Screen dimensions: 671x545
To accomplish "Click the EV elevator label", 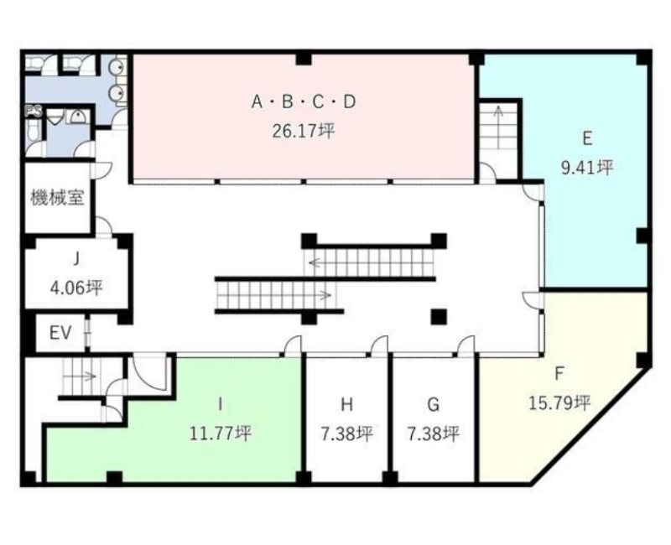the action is tap(60, 333).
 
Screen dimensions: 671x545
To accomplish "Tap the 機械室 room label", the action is tap(57, 198).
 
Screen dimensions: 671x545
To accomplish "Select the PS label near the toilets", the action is tap(34, 112).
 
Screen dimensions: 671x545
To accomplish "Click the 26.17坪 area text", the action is tap(304, 131).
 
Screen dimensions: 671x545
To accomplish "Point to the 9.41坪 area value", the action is tap(587, 167).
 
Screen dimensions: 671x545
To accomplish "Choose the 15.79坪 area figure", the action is tap(559, 402).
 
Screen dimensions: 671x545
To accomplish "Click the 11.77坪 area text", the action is tap(220, 433).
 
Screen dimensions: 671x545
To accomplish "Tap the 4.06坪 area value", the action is tap(76, 288).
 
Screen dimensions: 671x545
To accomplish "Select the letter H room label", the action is tap(346, 404).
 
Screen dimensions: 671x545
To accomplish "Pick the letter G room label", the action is tap(433, 404).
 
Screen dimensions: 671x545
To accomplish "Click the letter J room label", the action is tap(76, 259).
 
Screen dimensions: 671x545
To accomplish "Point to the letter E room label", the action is tap(587, 138).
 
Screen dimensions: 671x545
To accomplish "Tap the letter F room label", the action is tap(559, 374).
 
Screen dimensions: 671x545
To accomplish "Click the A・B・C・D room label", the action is tap(304, 101).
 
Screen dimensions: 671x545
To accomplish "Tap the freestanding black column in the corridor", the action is tap(439, 317).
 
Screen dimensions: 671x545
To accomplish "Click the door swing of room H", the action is tap(378, 345).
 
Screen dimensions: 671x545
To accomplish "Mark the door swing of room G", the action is tap(466, 345).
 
